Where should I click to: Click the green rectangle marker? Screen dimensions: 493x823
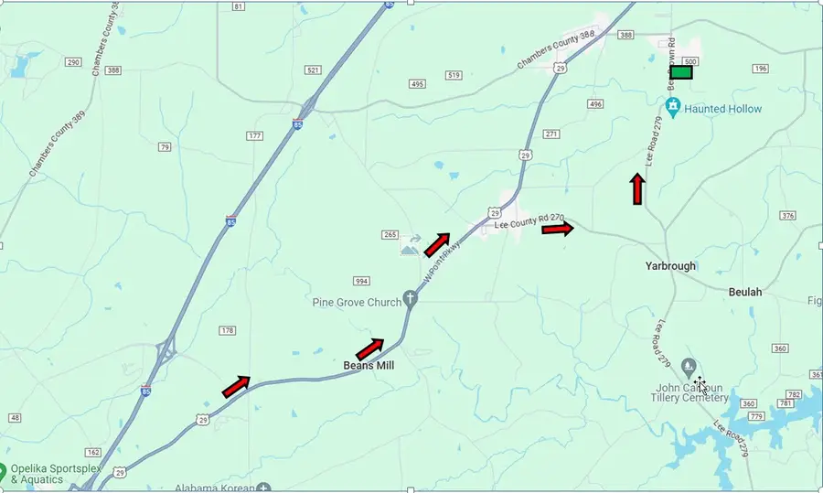point(681,72)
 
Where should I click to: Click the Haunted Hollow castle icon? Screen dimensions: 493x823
point(674,108)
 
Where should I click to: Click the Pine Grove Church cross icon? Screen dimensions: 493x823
point(411,297)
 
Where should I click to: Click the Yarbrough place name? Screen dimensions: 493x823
point(670,266)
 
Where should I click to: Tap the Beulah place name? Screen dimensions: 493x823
point(744,292)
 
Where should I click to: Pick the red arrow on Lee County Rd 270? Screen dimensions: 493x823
point(557,229)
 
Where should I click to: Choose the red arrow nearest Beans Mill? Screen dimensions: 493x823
point(369,348)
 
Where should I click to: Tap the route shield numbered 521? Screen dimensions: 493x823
point(314,70)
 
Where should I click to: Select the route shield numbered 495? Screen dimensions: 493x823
point(417,84)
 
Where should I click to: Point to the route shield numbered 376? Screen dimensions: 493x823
point(788,216)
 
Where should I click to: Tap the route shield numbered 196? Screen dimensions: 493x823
point(760,69)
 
